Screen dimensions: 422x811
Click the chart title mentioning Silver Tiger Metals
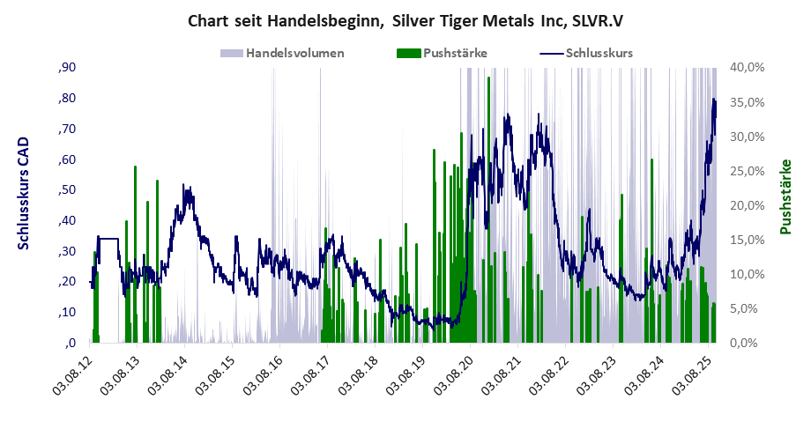click(405, 20)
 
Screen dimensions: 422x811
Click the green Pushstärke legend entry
click(455, 53)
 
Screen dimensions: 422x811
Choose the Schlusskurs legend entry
click(599, 53)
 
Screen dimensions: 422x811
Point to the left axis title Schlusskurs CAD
click(24, 193)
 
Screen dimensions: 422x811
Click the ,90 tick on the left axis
click(66, 68)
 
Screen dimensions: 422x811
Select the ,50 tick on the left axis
click(66, 190)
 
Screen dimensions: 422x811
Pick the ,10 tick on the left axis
click(66, 313)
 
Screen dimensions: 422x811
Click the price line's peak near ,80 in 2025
click(714, 100)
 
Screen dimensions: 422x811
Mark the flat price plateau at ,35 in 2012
click(108, 238)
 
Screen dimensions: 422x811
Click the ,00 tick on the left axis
click(66, 344)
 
